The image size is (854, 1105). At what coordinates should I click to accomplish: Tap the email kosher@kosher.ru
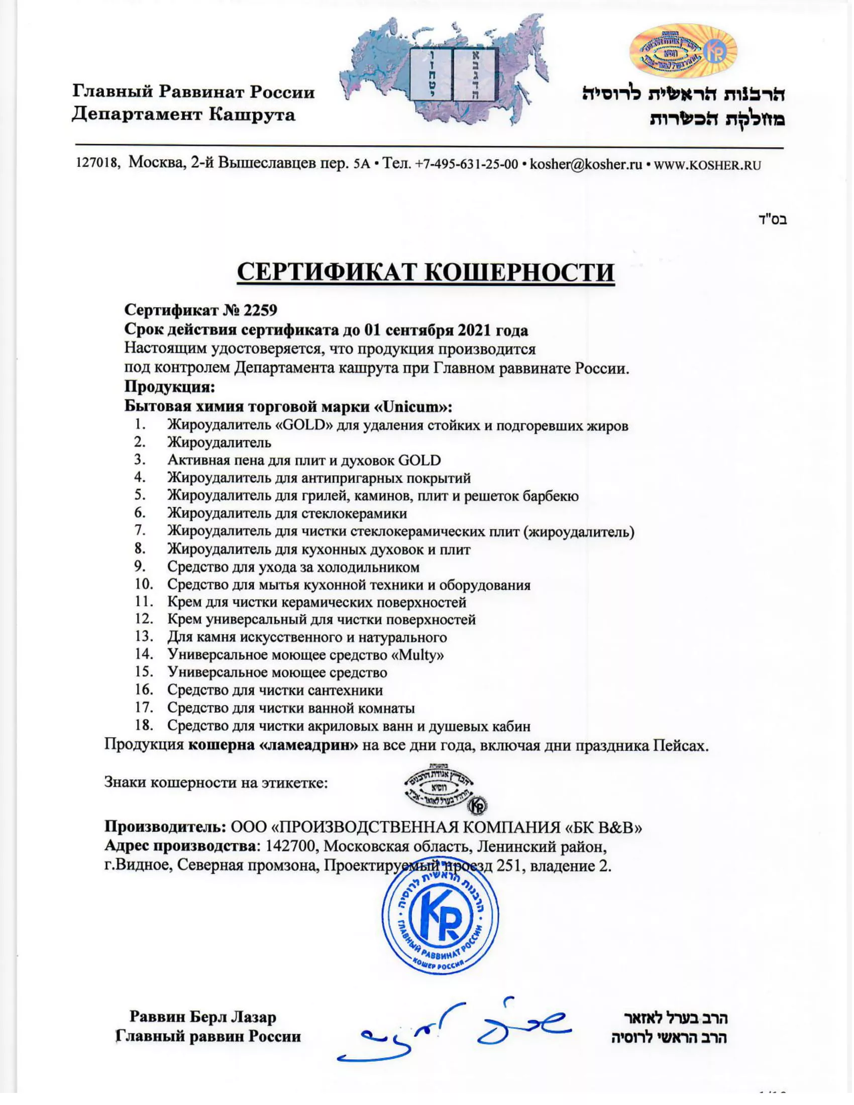click(x=586, y=164)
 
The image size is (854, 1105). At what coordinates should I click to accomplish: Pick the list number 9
click(x=140, y=566)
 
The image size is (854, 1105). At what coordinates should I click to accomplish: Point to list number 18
click(x=144, y=725)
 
